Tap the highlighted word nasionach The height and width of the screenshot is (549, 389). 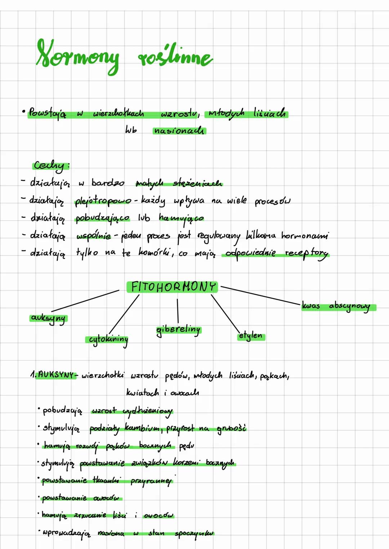pos(179,131)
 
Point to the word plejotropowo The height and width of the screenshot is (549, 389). pos(103,201)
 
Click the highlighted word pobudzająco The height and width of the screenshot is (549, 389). pos(102,218)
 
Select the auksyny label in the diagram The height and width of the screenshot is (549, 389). pos(49,318)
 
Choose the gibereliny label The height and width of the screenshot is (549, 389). pos(179,330)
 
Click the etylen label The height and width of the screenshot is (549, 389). pos(251,336)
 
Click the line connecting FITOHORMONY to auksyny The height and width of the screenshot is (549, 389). pos(85,301)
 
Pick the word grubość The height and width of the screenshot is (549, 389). pos(232,428)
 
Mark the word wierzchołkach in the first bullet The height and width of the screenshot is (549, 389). pos(119,114)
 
